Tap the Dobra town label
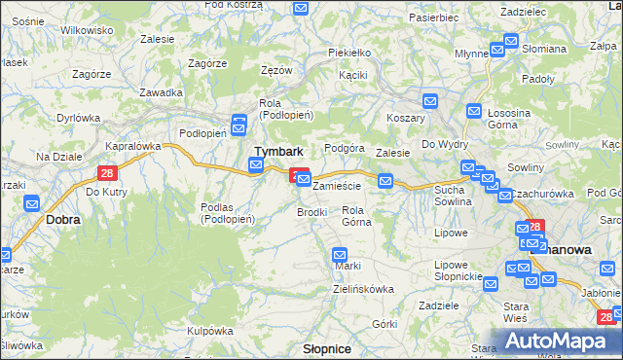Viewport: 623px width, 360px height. [63, 220]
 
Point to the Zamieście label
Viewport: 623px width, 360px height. [337, 185]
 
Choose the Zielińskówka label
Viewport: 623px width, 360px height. [362, 289]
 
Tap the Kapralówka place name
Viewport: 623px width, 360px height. [132, 146]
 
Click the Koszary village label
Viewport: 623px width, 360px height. [405, 117]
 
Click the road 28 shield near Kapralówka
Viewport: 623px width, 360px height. [107, 173]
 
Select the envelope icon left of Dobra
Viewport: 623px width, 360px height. [31, 203]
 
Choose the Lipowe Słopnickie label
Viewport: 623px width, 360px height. [458, 270]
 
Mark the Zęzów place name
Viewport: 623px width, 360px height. [276, 71]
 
